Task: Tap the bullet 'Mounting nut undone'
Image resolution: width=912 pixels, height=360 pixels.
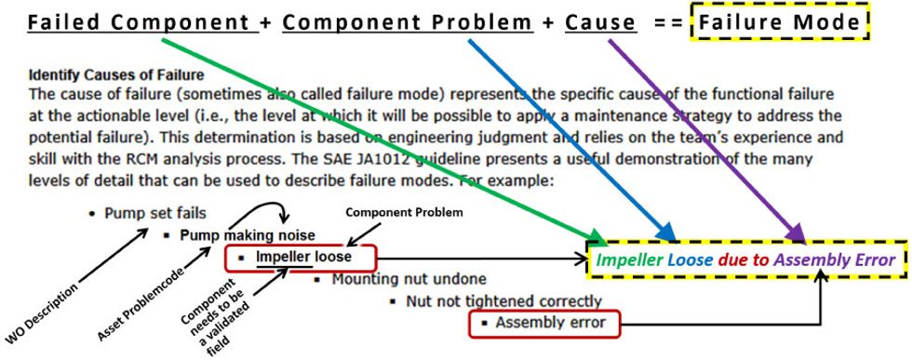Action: point(388,278)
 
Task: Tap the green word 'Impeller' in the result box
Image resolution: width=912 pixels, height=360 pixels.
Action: point(628,260)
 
